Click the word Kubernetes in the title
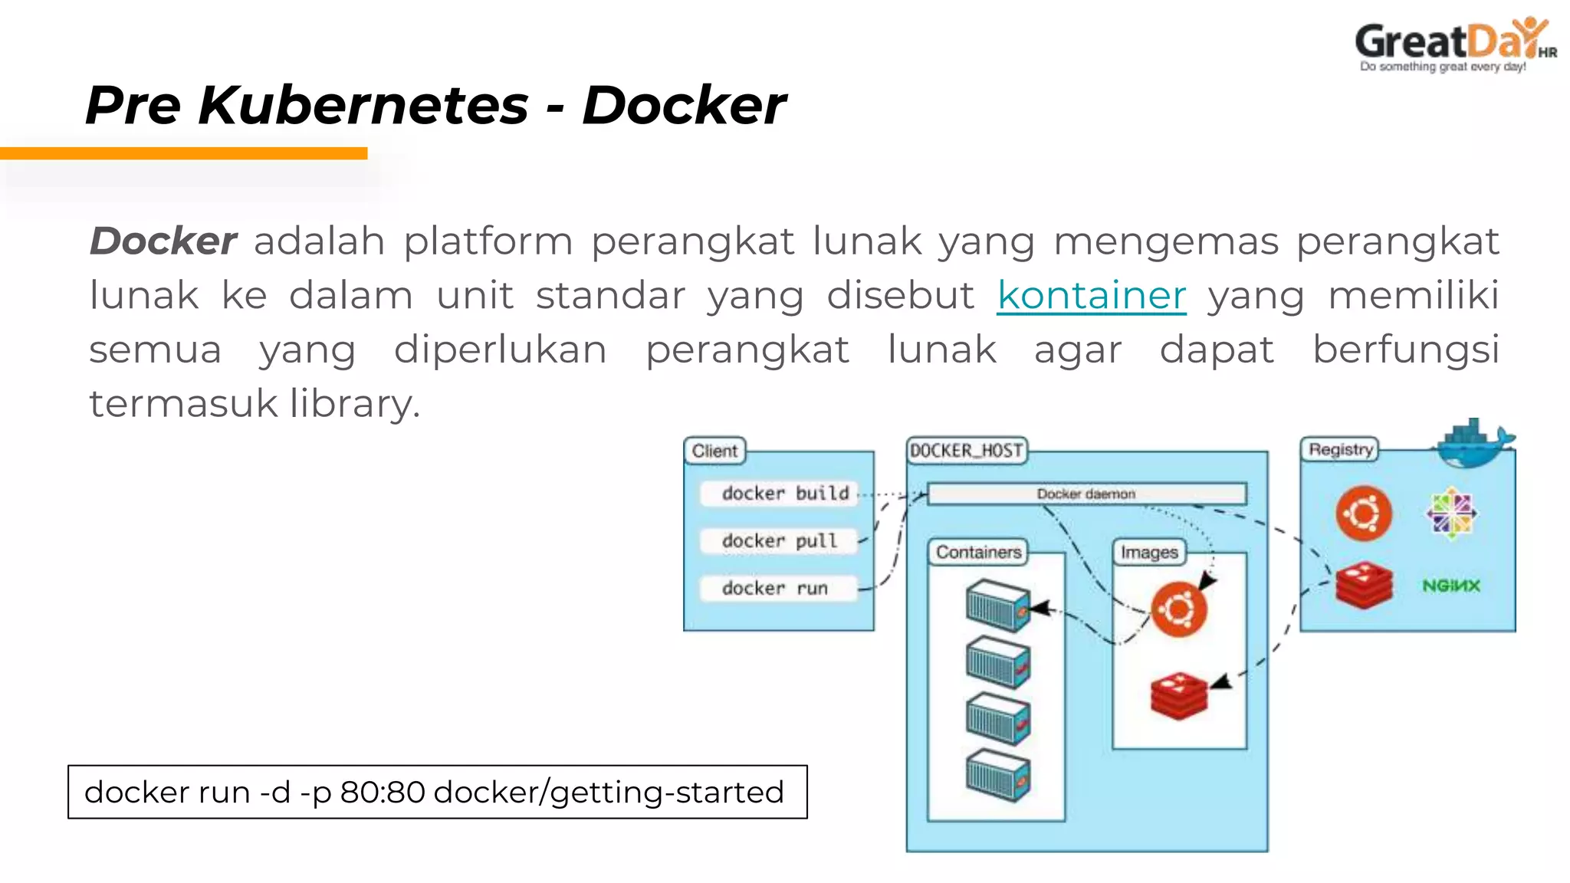tap(363, 105)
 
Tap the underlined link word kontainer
tap(1091, 296)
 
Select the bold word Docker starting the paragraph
tap(163, 241)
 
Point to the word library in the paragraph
tap(354, 404)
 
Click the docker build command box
tap(779, 494)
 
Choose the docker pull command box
tap(779, 541)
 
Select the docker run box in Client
tap(779, 589)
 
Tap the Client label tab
tap(714, 451)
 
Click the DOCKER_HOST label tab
tap(966, 450)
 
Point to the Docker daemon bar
tap(1086, 494)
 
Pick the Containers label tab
tap(978, 552)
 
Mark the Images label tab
tap(1148, 552)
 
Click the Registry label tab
tap(1340, 449)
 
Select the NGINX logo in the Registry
tap(1450, 586)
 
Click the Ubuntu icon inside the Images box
tap(1179, 609)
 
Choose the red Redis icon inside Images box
tap(1179, 695)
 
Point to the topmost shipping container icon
tap(997, 606)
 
